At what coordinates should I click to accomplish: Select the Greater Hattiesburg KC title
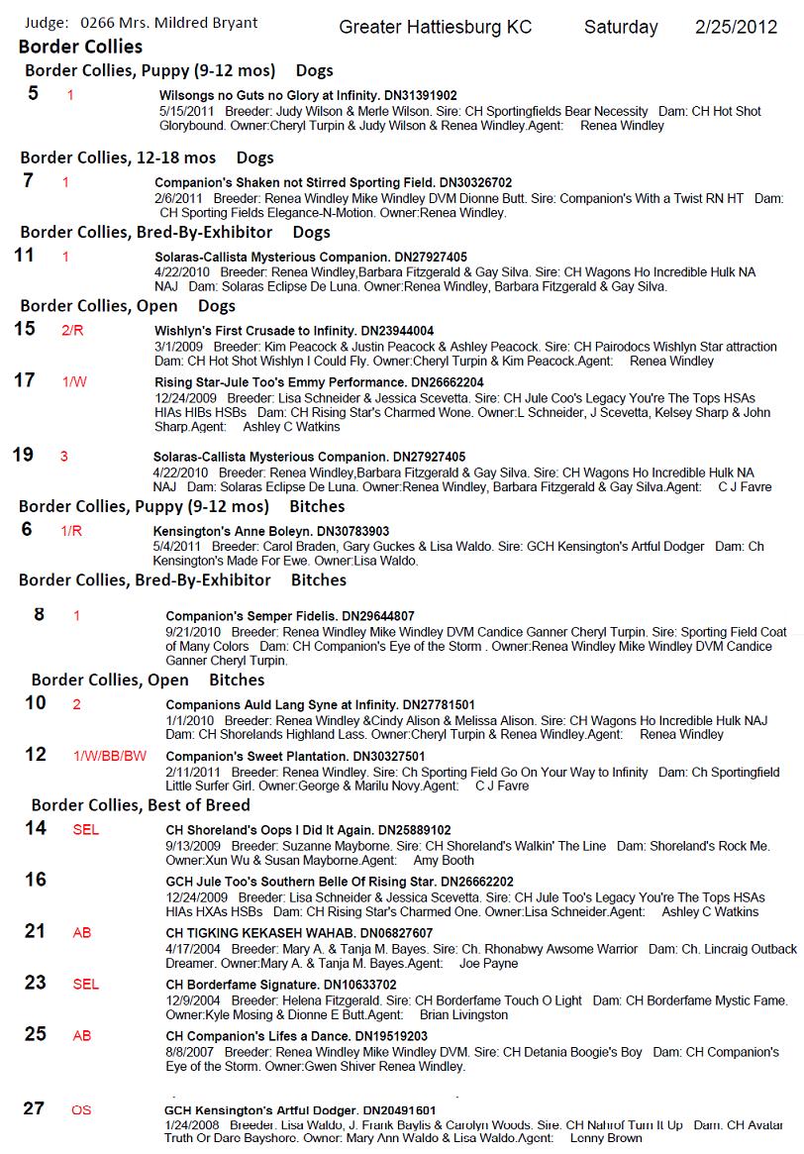pos(435,27)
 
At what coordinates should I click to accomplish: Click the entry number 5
pos(34,94)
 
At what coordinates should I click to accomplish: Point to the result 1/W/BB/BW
pos(110,756)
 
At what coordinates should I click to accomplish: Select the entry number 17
pos(25,379)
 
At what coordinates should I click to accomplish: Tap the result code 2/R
pos(73,331)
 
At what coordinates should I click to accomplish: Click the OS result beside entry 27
pos(81,1110)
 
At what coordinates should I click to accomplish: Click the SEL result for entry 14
pos(86,830)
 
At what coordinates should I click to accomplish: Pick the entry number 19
pos(23,455)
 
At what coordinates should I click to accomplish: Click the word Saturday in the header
pos(621,27)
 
